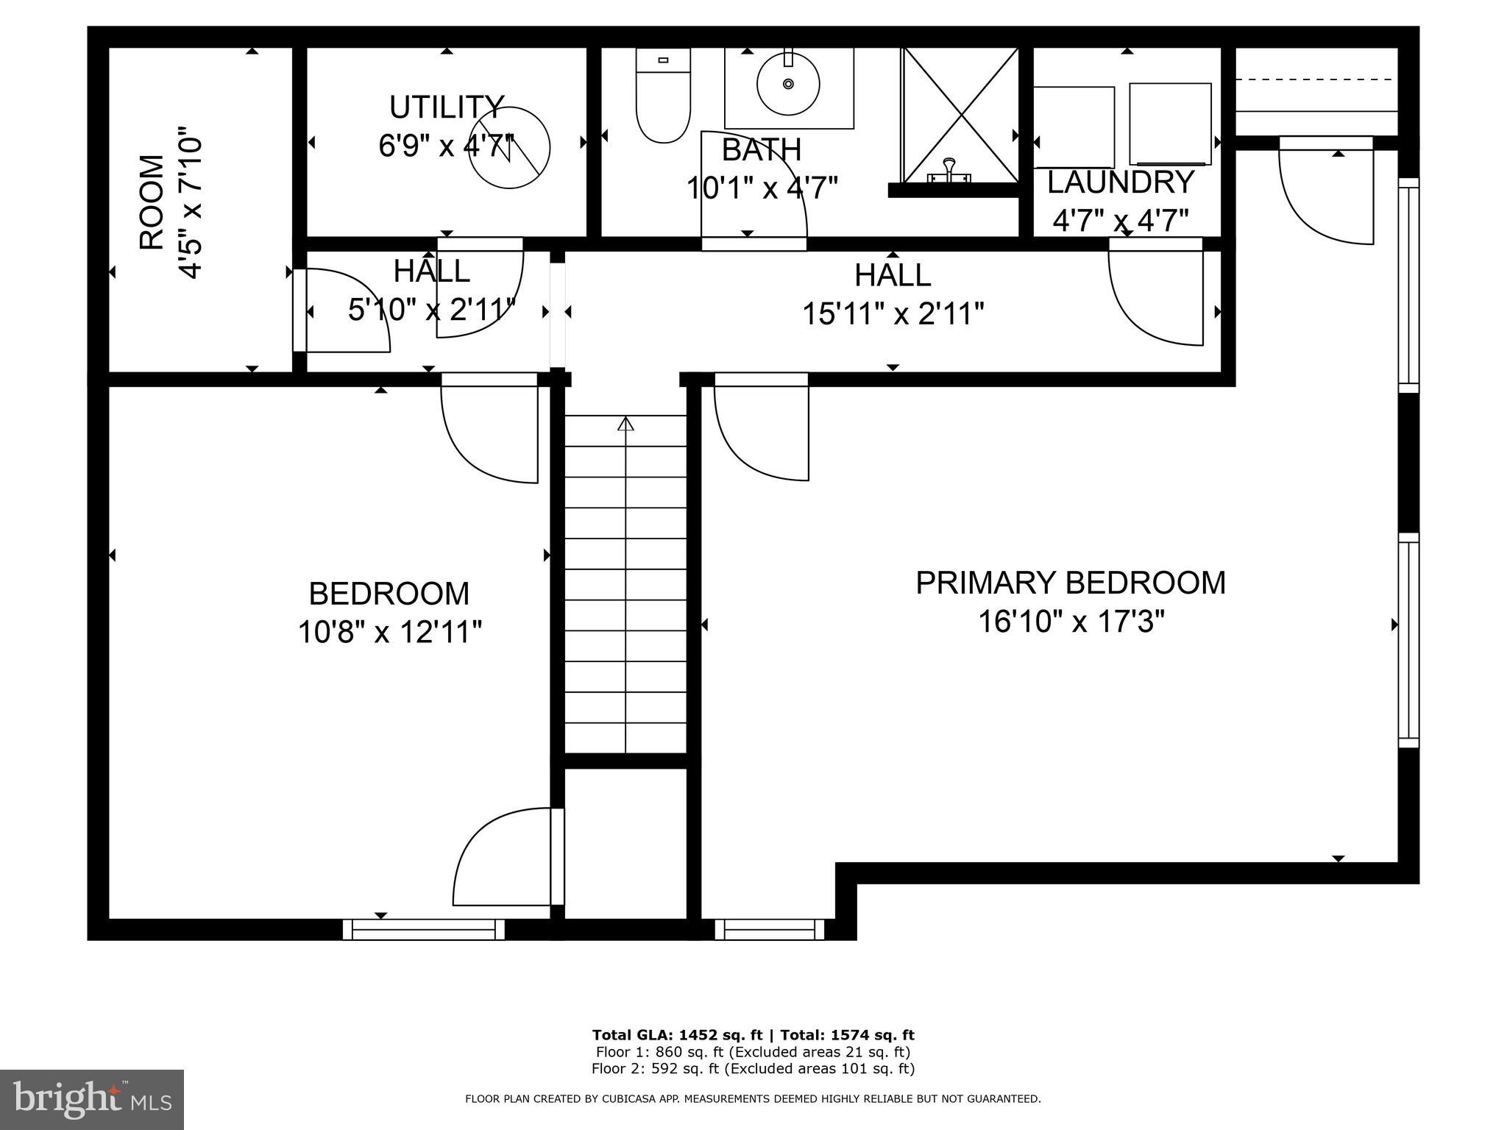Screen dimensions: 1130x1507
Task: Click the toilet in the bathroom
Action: pyautogui.click(x=663, y=97)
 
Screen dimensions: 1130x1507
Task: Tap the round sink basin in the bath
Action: pyautogui.click(x=788, y=85)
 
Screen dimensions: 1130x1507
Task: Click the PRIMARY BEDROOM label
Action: pyautogui.click(x=1070, y=583)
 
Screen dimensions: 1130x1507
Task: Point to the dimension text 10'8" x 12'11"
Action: pyautogui.click(x=389, y=632)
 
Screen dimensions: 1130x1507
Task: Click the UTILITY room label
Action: pyautogui.click(x=447, y=108)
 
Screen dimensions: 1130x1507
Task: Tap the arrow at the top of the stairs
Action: pyautogui.click(x=625, y=424)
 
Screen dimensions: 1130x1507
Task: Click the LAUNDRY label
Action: pyautogui.click(x=1120, y=182)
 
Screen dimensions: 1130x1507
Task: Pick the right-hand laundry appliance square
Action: pyautogui.click(x=1170, y=124)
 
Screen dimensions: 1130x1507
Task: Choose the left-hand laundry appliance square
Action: pyautogui.click(x=1074, y=127)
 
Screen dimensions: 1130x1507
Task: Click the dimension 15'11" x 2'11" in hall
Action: pyautogui.click(x=893, y=314)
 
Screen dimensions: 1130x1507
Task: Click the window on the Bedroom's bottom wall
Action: pyautogui.click(x=424, y=930)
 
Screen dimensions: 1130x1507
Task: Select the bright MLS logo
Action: pyautogui.click(x=92, y=1100)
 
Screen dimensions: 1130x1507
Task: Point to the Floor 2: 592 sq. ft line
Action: pyautogui.click(x=753, y=1068)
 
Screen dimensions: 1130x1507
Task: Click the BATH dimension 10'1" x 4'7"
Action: pyautogui.click(x=762, y=188)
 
